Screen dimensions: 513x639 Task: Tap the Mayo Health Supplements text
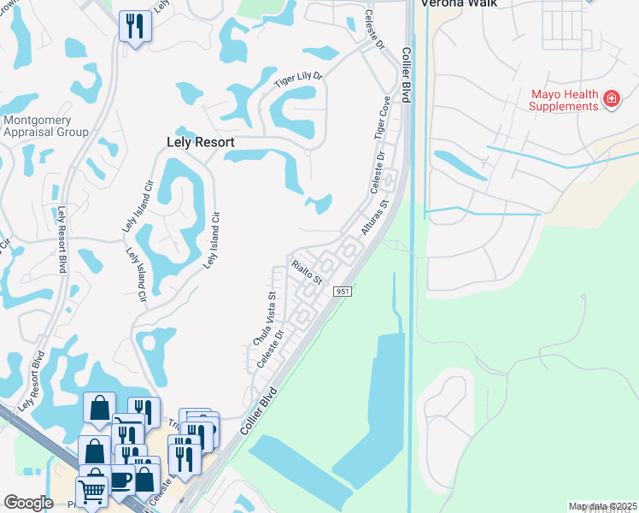[x=564, y=100]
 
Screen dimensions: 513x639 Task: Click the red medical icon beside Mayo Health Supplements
[x=612, y=100]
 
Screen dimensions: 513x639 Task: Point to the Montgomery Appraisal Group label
[x=46, y=127]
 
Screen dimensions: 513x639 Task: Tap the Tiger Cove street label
[x=381, y=118]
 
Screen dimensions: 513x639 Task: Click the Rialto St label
[x=307, y=272]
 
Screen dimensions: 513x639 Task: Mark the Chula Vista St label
[x=264, y=319]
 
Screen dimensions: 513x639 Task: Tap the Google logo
[x=28, y=502]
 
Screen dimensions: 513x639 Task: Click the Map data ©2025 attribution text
[x=601, y=507]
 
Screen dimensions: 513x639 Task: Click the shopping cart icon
[x=92, y=491]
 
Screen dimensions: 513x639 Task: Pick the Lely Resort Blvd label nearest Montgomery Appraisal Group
[x=62, y=240]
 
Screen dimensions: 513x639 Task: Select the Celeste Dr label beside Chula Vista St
[x=271, y=350]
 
